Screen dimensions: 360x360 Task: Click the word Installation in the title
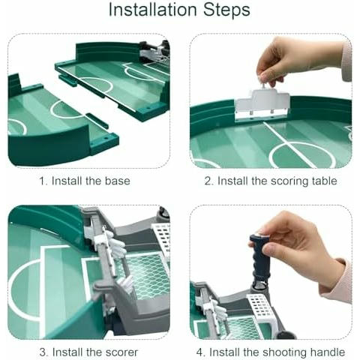pos(153,10)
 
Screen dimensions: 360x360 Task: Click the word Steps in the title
pos(226,10)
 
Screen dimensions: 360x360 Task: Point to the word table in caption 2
pos(325,181)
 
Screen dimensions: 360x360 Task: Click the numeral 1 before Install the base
pos(42,181)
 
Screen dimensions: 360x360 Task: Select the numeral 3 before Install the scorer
pos(43,352)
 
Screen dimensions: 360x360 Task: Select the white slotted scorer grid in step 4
pos(260,306)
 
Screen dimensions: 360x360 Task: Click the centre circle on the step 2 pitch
pos(303,155)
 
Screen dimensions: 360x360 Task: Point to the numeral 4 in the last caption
pos(199,352)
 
